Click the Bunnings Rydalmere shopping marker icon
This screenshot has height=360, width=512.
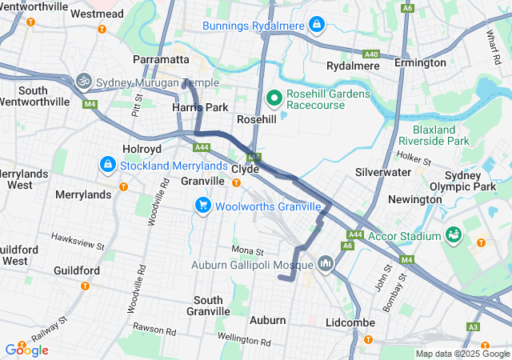pos(318,25)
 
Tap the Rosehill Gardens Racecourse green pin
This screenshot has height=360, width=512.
pos(273,98)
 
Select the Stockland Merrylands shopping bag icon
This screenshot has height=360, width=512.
pos(106,164)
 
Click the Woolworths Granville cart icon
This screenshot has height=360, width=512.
pos(203,206)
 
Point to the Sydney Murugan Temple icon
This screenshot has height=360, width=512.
pos(82,81)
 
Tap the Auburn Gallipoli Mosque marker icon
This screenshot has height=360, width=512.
pos(326,263)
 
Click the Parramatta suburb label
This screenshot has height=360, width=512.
pos(161,60)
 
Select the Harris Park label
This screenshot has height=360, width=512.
pos(200,107)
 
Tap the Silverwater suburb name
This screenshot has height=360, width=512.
pos(383,172)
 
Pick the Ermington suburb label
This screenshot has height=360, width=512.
pos(420,62)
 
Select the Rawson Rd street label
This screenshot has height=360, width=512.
pos(154,330)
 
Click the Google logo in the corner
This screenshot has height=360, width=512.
pos(26,350)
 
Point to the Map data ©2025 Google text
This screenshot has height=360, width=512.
pos(462,354)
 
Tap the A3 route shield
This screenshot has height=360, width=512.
pos(473,326)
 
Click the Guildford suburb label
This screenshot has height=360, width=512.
pos(76,270)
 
